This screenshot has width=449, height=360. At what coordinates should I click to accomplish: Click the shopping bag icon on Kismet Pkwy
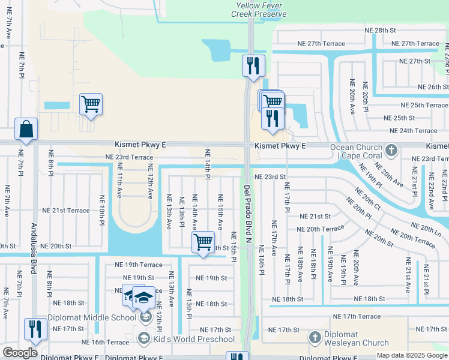[26, 129]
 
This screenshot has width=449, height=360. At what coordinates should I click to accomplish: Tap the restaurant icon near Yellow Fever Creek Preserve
[253, 65]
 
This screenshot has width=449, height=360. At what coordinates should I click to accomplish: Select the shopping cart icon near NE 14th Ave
[203, 242]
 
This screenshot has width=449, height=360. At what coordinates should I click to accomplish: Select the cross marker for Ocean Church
[391, 149]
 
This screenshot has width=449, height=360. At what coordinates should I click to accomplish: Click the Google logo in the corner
[20, 353]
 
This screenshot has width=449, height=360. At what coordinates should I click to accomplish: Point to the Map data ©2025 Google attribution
[412, 355]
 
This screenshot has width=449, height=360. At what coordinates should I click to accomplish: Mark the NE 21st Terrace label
[65, 211]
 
